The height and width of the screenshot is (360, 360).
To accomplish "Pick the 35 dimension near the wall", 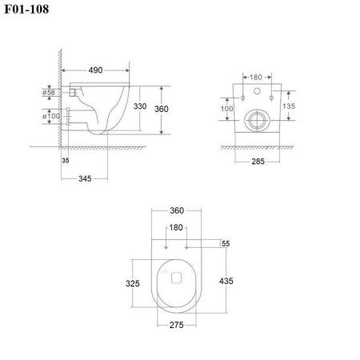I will pyautogui.click(x=64, y=160).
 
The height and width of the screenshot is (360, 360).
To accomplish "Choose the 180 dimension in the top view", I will pyautogui.click(x=176, y=227).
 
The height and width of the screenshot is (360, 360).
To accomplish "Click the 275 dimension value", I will pyautogui.click(x=176, y=326).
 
